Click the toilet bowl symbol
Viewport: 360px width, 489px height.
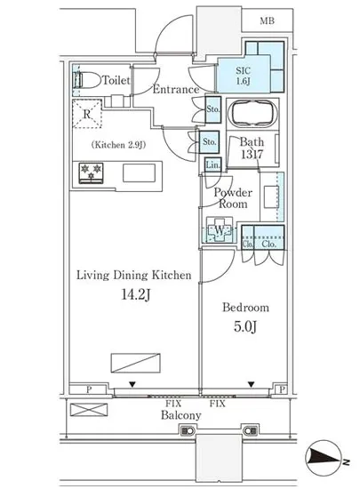click(87, 79)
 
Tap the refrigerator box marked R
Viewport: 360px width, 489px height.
click(87, 114)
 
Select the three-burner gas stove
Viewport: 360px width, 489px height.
click(91, 172)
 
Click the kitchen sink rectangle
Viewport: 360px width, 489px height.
click(139, 172)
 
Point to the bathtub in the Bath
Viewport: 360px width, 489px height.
click(252, 114)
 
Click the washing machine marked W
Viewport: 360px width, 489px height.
click(220, 231)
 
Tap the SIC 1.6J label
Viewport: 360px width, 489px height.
click(243, 76)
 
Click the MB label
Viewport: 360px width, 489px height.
click(268, 21)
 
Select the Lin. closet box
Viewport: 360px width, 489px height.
click(213, 164)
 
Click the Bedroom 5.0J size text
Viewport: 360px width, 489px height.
click(245, 327)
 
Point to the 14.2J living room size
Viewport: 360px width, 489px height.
click(136, 294)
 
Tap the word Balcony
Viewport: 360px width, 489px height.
click(181, 415)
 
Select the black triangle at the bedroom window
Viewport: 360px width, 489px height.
click(252, 384)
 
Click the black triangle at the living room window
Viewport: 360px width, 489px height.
click(132, 384)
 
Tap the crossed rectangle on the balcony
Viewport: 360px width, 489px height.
click(89, 410)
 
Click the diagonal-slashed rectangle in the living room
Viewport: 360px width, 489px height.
click(136, 363)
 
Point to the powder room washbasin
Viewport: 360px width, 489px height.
click(271, 196)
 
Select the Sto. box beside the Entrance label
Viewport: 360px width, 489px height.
click(213, 109)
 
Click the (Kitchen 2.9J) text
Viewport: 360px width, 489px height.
click(119, 145)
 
